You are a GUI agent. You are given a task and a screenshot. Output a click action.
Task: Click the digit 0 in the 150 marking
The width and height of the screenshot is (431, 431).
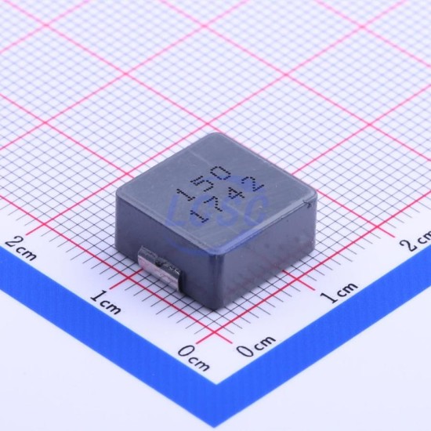click(x=220, y=173)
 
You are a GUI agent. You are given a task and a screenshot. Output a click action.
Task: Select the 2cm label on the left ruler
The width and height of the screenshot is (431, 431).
click(x=21, y=248)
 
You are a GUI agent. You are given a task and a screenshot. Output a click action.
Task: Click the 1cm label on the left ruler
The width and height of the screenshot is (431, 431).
click(x=106, y=302)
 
